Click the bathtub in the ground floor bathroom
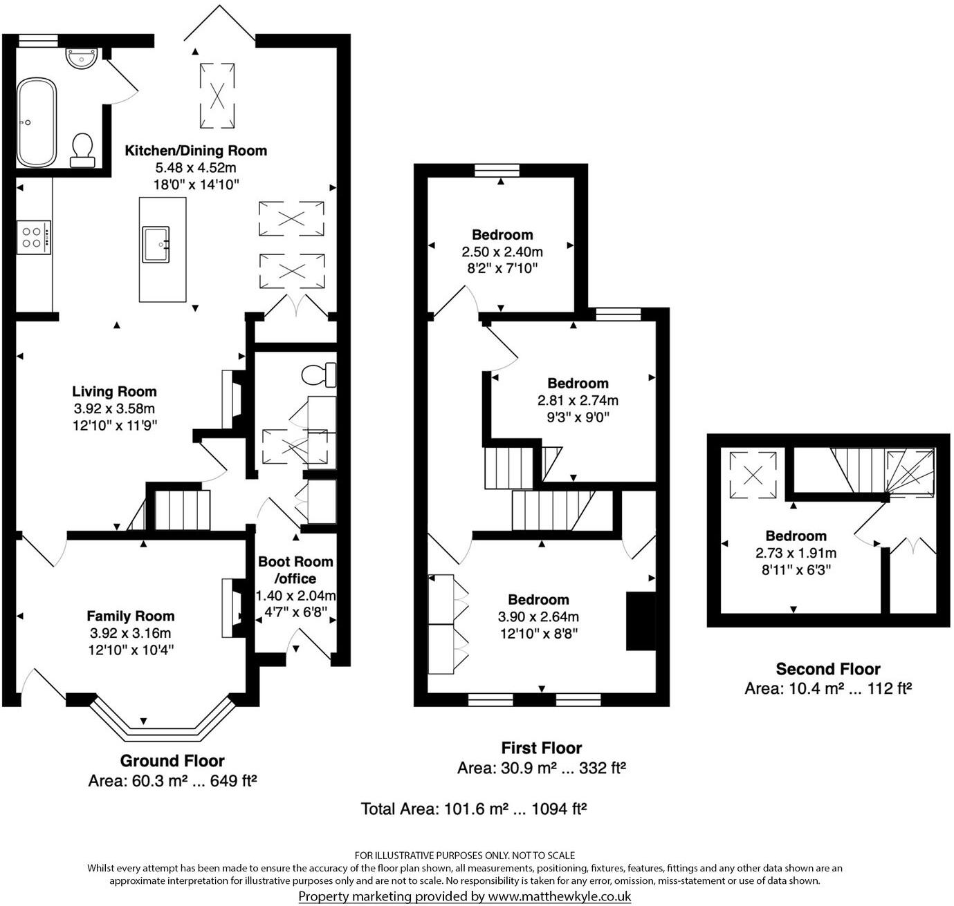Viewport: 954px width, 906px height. tap(37, 122)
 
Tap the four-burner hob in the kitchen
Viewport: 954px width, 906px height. tap(33, 237)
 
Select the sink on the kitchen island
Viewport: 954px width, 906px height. tap(156, 245)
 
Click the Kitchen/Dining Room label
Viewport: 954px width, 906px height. tap(195, 151)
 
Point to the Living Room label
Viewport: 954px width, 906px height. tap(114, 392)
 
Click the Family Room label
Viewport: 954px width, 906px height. tap(130, 616)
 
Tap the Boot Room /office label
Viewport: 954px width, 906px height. tap(295, 570)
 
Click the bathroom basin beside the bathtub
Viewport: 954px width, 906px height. tap(82, 57)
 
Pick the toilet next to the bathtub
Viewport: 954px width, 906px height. tap(82, 150)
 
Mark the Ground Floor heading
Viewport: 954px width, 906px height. tap(172, 761)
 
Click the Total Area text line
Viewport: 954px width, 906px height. tap(474, 809)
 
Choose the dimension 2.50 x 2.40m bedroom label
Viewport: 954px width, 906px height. tap(502, 252)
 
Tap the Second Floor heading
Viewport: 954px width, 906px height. tap(827, 669)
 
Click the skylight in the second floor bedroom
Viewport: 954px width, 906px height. tap(753, 473)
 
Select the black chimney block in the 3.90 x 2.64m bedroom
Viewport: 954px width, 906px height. tap(640, 621)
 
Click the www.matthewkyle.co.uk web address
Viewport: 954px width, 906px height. tap(560, 896)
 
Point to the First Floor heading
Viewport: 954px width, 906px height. tap(541, 748)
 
